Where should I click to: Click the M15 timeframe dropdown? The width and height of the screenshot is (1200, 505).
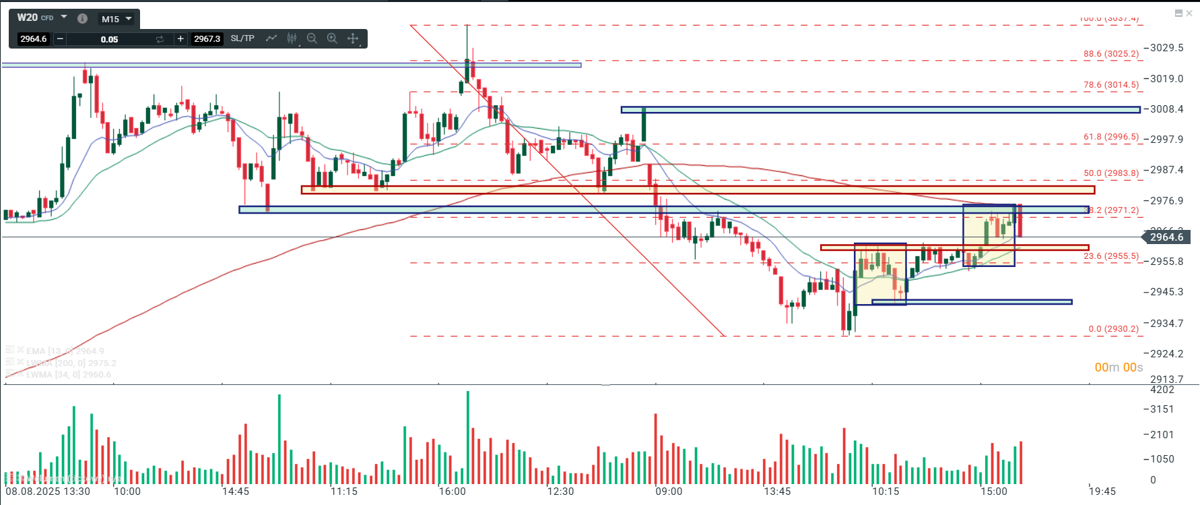pos(116,19)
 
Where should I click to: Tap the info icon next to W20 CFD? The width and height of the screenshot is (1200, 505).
pos(82,18)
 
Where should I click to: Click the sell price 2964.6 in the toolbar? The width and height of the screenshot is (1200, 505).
pos(34,39)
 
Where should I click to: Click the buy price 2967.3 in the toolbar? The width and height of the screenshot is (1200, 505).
pos(207,39)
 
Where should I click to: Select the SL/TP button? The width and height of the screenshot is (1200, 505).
pos(242,38)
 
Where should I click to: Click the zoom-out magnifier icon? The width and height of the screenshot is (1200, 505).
pos(312,38)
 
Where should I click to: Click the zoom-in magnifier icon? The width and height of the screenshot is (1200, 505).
pos(332,38)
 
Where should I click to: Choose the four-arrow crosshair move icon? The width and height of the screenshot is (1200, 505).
pos(353,38)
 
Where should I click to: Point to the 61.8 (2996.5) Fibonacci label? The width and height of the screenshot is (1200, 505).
pos(1111,137)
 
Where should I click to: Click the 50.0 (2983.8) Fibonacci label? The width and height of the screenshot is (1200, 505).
pos(1111,173)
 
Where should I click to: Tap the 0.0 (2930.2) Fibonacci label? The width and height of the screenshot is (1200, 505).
pos(1113,329)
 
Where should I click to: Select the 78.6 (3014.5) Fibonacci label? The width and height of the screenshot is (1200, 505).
pos(1111,85)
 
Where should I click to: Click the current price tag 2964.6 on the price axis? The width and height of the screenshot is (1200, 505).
pos(1166,237)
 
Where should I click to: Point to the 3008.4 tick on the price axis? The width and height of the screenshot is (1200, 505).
pos(1166,109)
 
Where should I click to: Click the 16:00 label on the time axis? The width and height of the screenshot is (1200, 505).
pos(452,492)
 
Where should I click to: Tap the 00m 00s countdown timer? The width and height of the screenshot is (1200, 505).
pos(1119,367)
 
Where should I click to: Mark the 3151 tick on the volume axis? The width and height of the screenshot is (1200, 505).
pos(1162,409)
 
